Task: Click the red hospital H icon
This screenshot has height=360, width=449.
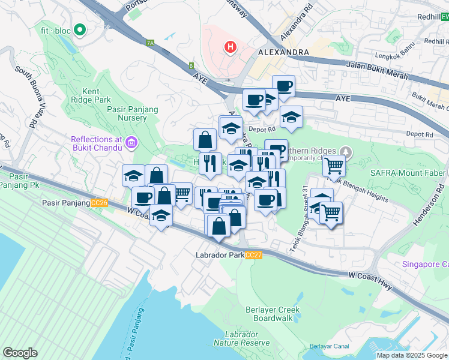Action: pyautogui.click(x=228, y=46)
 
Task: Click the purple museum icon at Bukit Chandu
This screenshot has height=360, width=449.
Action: pyautogui.click(x=131, y=143)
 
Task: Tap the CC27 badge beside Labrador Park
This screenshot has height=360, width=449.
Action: pyautogui.click(x=254, y=255)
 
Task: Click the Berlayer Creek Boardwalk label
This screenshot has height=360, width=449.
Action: pyautogui.click(x=272, y=314)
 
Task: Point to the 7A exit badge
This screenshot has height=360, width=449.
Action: pyautogui.click(x=150, y=43)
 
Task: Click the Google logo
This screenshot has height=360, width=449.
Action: pyautogui.click(x=20, y=353)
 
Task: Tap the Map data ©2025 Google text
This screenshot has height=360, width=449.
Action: pyautogui.click(x=411, y=355)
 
